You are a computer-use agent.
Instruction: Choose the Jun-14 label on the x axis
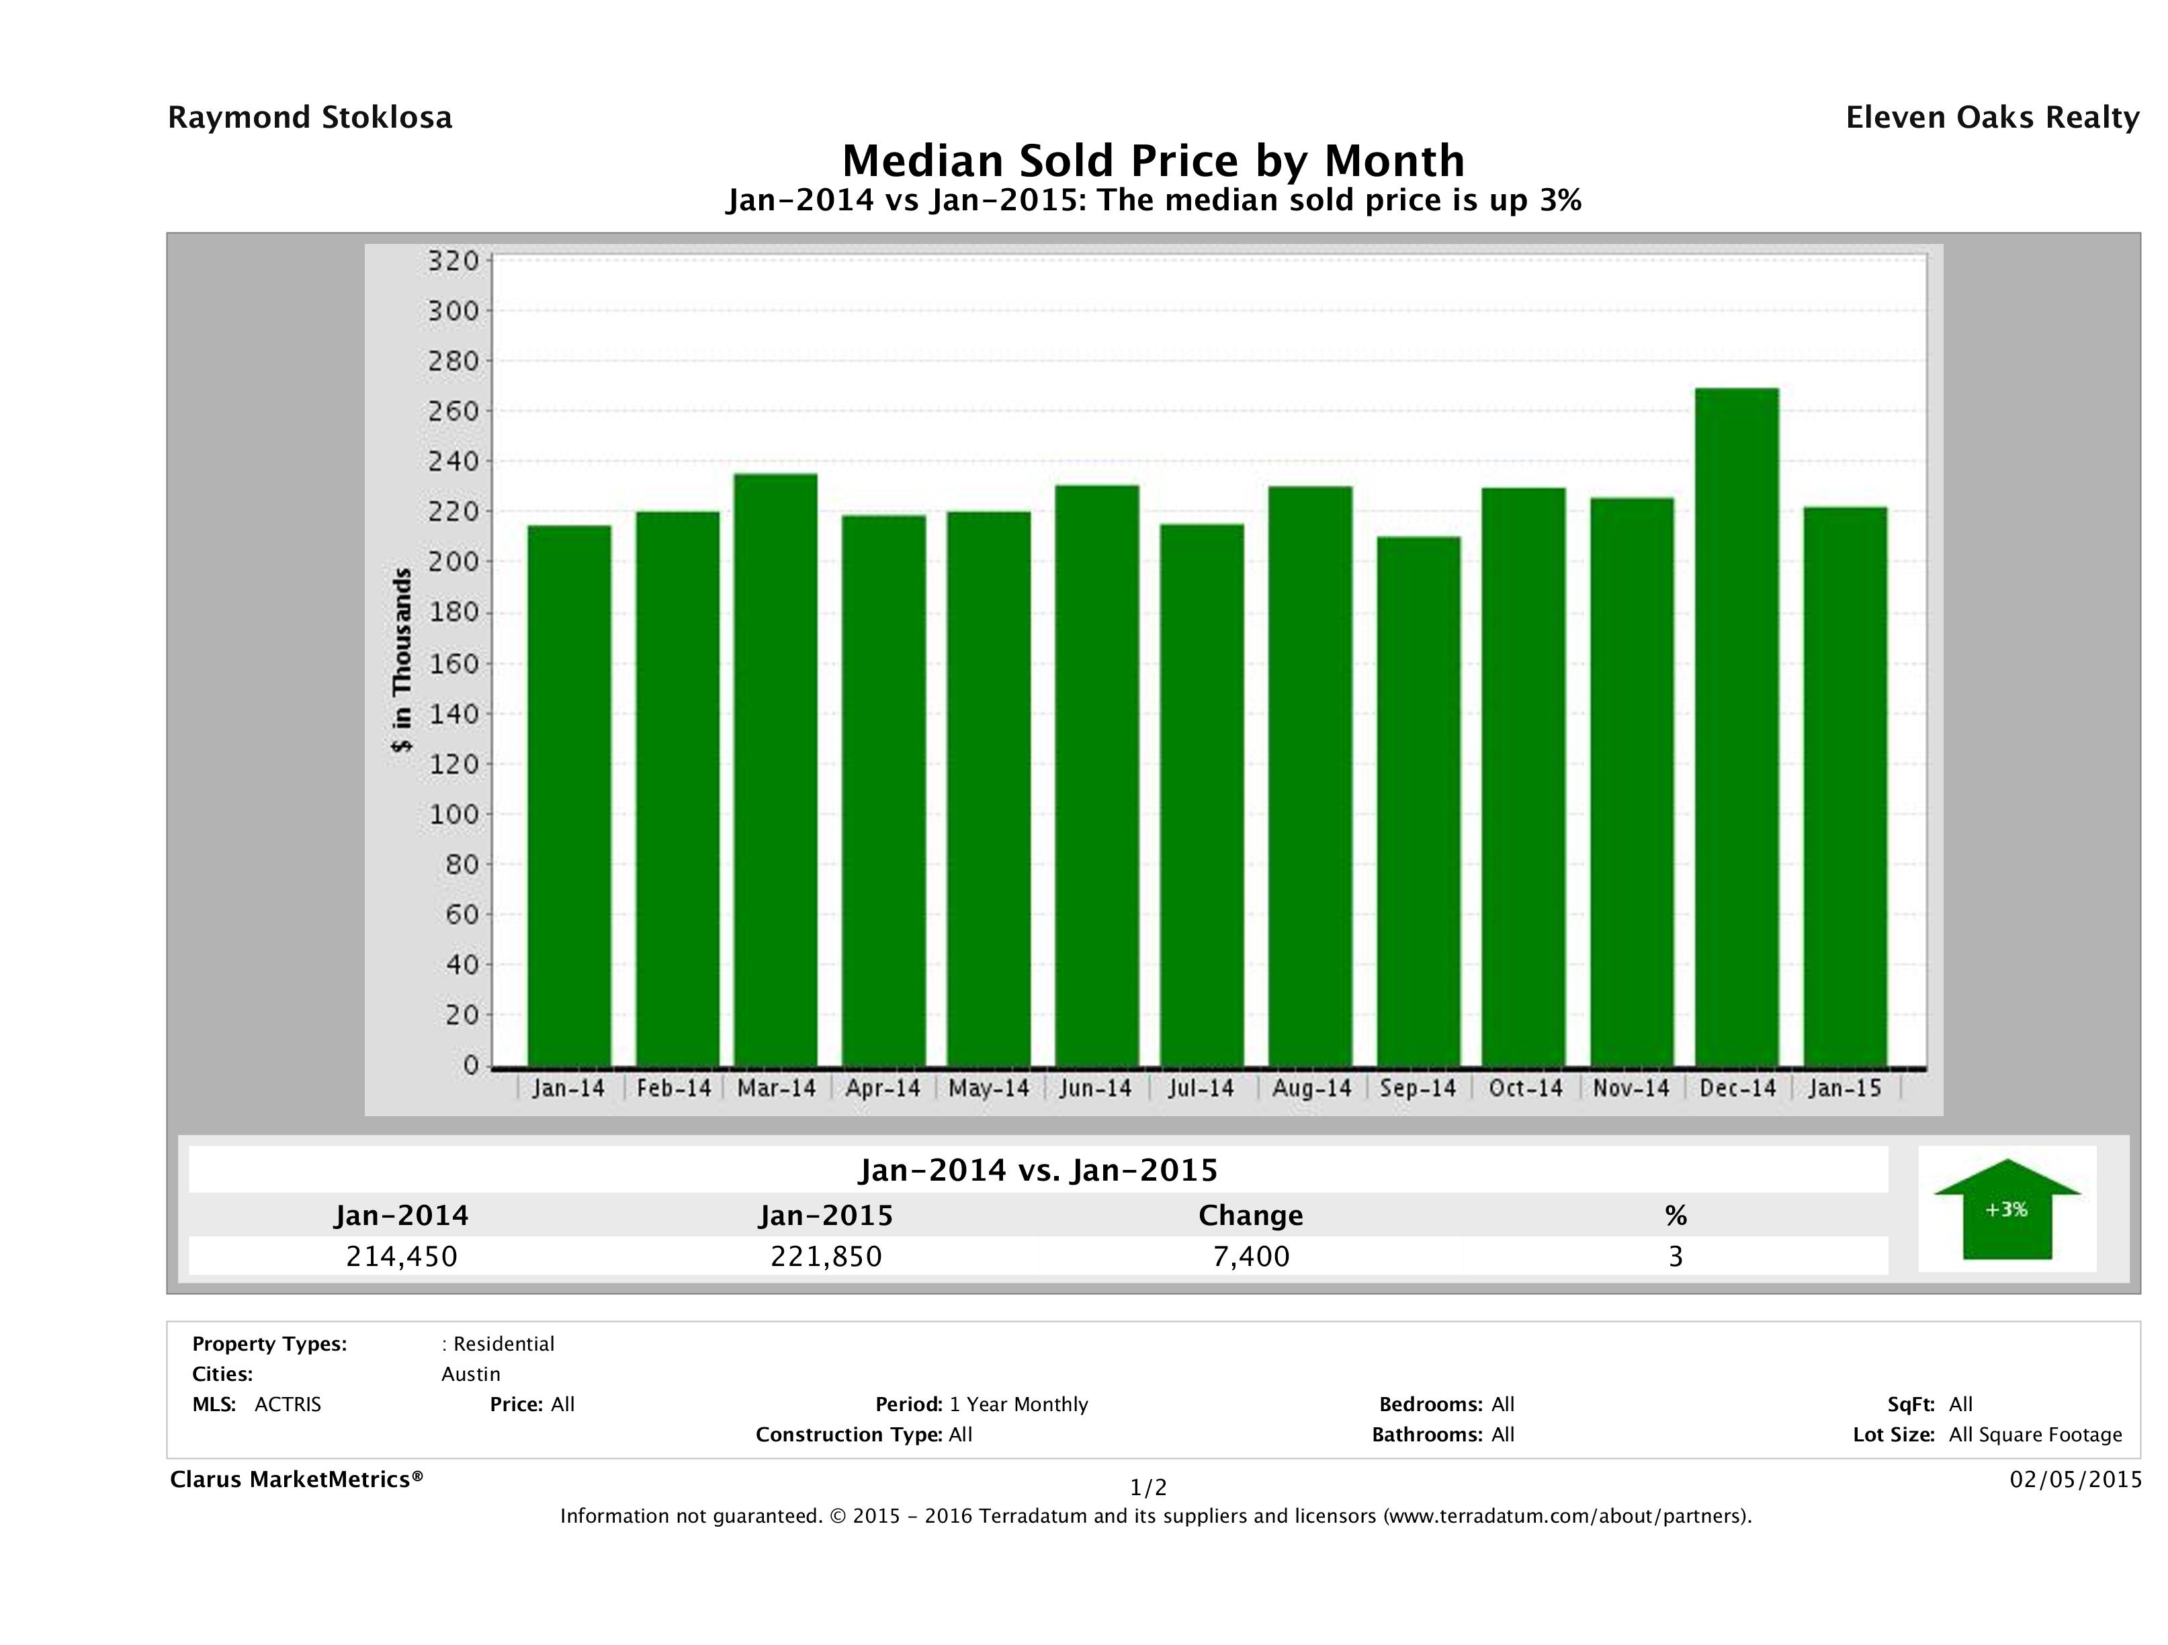pyautogui.click(x=1095, y=1088)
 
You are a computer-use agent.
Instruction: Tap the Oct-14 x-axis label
pyautogui.click(x=1525, y=1088)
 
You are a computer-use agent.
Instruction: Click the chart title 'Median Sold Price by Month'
pyautogui.click(x=1154, y=161)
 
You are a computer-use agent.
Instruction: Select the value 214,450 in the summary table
pyautogui.click(x=402, y=1256)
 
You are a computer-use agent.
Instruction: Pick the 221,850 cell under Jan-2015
pyautogui.click(x=826, y=1256)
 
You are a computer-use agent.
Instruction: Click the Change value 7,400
pyautogui.click(x=1251, y=1256)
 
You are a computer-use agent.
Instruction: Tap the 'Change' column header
pyautogui.click(x=1251, y=1216)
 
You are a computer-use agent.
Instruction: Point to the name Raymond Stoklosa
pyautogui.click(x=310, y=118)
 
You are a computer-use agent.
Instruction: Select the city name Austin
pyautogui.click(x=470, y=1374)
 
